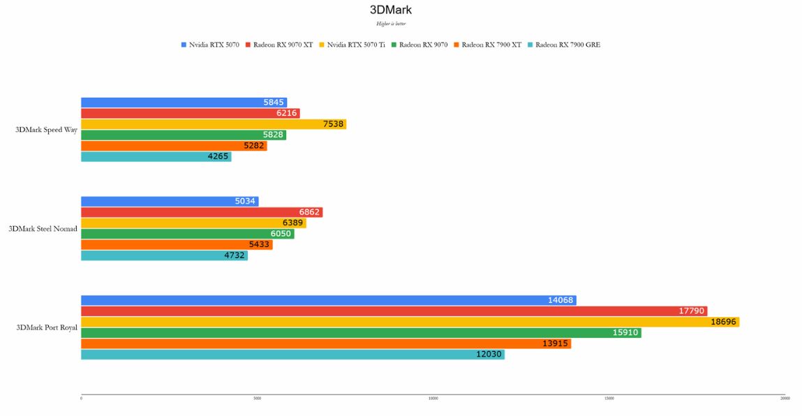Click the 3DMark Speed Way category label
click(47, 130)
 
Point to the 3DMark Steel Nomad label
click(43, 229)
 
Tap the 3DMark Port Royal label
click(47, 327)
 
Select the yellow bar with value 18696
click(410, 322)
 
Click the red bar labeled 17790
click(394, 311)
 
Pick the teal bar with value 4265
click(156, 157)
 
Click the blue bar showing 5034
click(170, 202)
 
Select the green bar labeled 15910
click(361, 333)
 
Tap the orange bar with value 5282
click(174, 146)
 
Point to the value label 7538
click(333, 124)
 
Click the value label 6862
click(309, 212)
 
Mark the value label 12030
click(489, 355)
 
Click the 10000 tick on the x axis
click(433, 399)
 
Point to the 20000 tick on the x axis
click(785, 399)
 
